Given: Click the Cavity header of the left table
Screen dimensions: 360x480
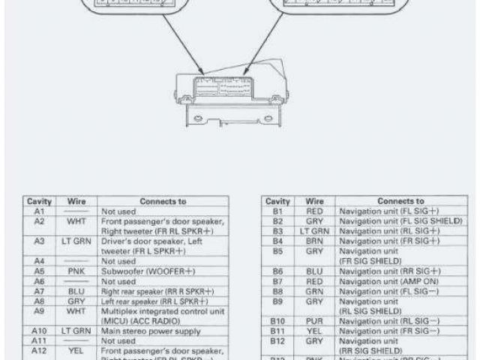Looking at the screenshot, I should tap(39, 202).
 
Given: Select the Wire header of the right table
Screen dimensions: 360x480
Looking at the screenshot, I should tap(315, 202).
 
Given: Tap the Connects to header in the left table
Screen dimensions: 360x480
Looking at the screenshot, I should tap(163, 202).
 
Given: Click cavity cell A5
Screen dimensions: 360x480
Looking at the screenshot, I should tap(39, 271).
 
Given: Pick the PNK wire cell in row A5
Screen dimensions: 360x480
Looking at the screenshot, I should tap(76, 271).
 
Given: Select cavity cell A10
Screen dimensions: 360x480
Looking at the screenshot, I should tap(39, 330).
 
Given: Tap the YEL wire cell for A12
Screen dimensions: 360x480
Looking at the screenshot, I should tap(76, 349).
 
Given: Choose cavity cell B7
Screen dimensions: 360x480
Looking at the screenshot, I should tap(277, 280).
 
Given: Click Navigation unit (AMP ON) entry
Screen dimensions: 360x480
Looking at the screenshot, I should tap(388, 280).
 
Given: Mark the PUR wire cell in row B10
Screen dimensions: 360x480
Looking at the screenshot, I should tap(315, 320).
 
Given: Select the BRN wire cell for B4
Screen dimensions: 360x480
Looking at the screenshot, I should tap(315, 241).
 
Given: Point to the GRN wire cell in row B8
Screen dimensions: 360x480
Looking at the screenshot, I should tap(315, 290).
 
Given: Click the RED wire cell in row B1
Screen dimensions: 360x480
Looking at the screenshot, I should tap(315, 211).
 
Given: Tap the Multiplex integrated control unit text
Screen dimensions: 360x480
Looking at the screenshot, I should tap(161, 310).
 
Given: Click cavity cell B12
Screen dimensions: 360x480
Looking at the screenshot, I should tap(277, 340).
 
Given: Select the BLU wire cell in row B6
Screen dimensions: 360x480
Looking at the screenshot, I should tap(315, 271).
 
